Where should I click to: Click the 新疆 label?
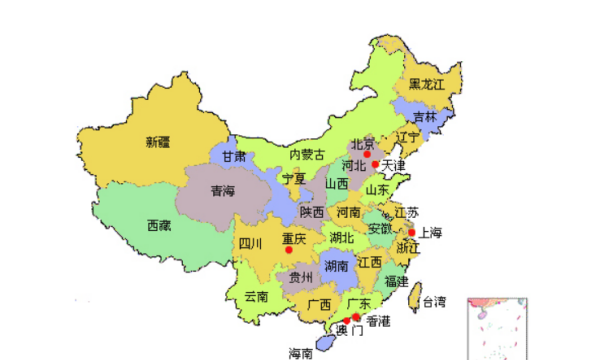157,141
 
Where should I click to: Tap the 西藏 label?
158,226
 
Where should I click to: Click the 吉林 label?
425,117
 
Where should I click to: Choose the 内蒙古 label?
306,155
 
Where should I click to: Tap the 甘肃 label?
234,158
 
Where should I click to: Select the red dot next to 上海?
411,232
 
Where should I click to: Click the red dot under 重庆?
290,250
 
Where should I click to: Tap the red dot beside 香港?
357,318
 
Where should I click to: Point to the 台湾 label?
432,301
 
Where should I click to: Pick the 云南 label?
256,297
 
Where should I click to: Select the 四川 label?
249,243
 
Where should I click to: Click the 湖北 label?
341,237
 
